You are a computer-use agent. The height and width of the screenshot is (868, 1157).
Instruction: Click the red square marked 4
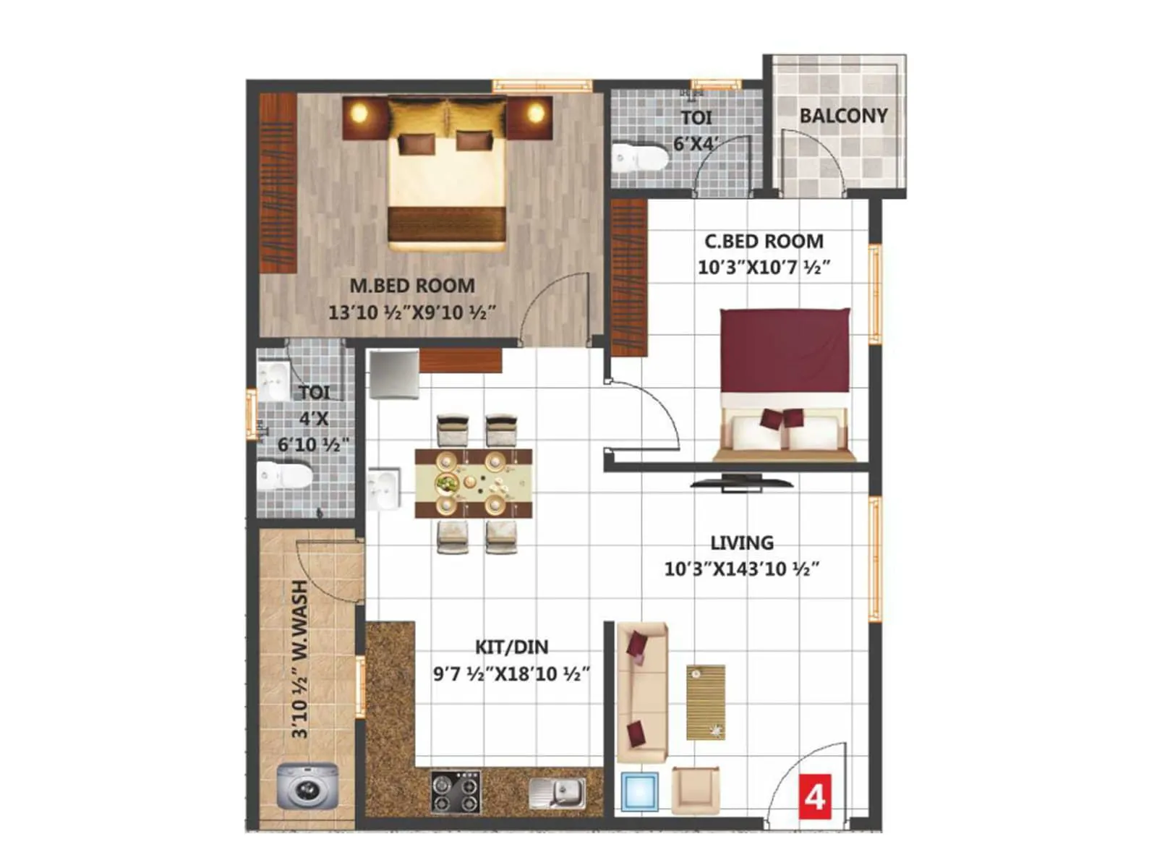pyautogui.click(x=815, y=796)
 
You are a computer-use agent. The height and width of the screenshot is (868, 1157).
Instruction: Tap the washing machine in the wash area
pyautogui.click(x=307, y=786)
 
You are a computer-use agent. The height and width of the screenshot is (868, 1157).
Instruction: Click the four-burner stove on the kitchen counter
pyautogui.click(x=456, y=792)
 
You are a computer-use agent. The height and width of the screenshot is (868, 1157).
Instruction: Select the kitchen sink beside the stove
pyautogui.click(x=558, y=793)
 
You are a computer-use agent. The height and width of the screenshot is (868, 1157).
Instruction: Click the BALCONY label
pyautogui.click(x=843, y=116)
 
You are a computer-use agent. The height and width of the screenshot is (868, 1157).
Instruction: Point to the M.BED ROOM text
pyautogui.click(x=412, y=286)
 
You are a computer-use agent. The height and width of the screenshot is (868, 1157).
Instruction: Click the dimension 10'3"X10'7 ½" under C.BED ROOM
pyautogui.click(x=764, y=267)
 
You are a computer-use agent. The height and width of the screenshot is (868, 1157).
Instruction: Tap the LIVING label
pyautogui.click(x=741, y=542)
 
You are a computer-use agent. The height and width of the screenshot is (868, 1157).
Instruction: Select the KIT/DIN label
pyautogui.click(x=511, y=647)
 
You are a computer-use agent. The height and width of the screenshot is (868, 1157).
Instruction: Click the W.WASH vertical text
pyautogui.click(x=299, y=615)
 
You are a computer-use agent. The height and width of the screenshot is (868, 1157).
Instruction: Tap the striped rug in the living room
pyautogui.click(x=706, y=702)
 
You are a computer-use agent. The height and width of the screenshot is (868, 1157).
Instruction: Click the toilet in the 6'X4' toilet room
pyautogui.click(x=639, y=158)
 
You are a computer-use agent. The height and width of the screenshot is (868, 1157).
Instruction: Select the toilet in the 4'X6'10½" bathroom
pyautogui.click(x=285, y=477)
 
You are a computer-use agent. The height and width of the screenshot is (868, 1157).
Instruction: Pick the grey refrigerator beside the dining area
pyautogui.click(x=393, y=374)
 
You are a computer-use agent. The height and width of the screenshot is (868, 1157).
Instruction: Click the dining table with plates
pyautogui.click(x=473, y=482)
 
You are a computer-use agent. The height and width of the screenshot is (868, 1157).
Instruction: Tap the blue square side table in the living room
pyautogui.click(x=640, y=791)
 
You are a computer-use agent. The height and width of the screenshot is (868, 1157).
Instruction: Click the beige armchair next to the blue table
pyautogui.click(x=695, y=790)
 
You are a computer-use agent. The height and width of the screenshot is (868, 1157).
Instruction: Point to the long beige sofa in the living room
pyautogui.click(x=640, y=691)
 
